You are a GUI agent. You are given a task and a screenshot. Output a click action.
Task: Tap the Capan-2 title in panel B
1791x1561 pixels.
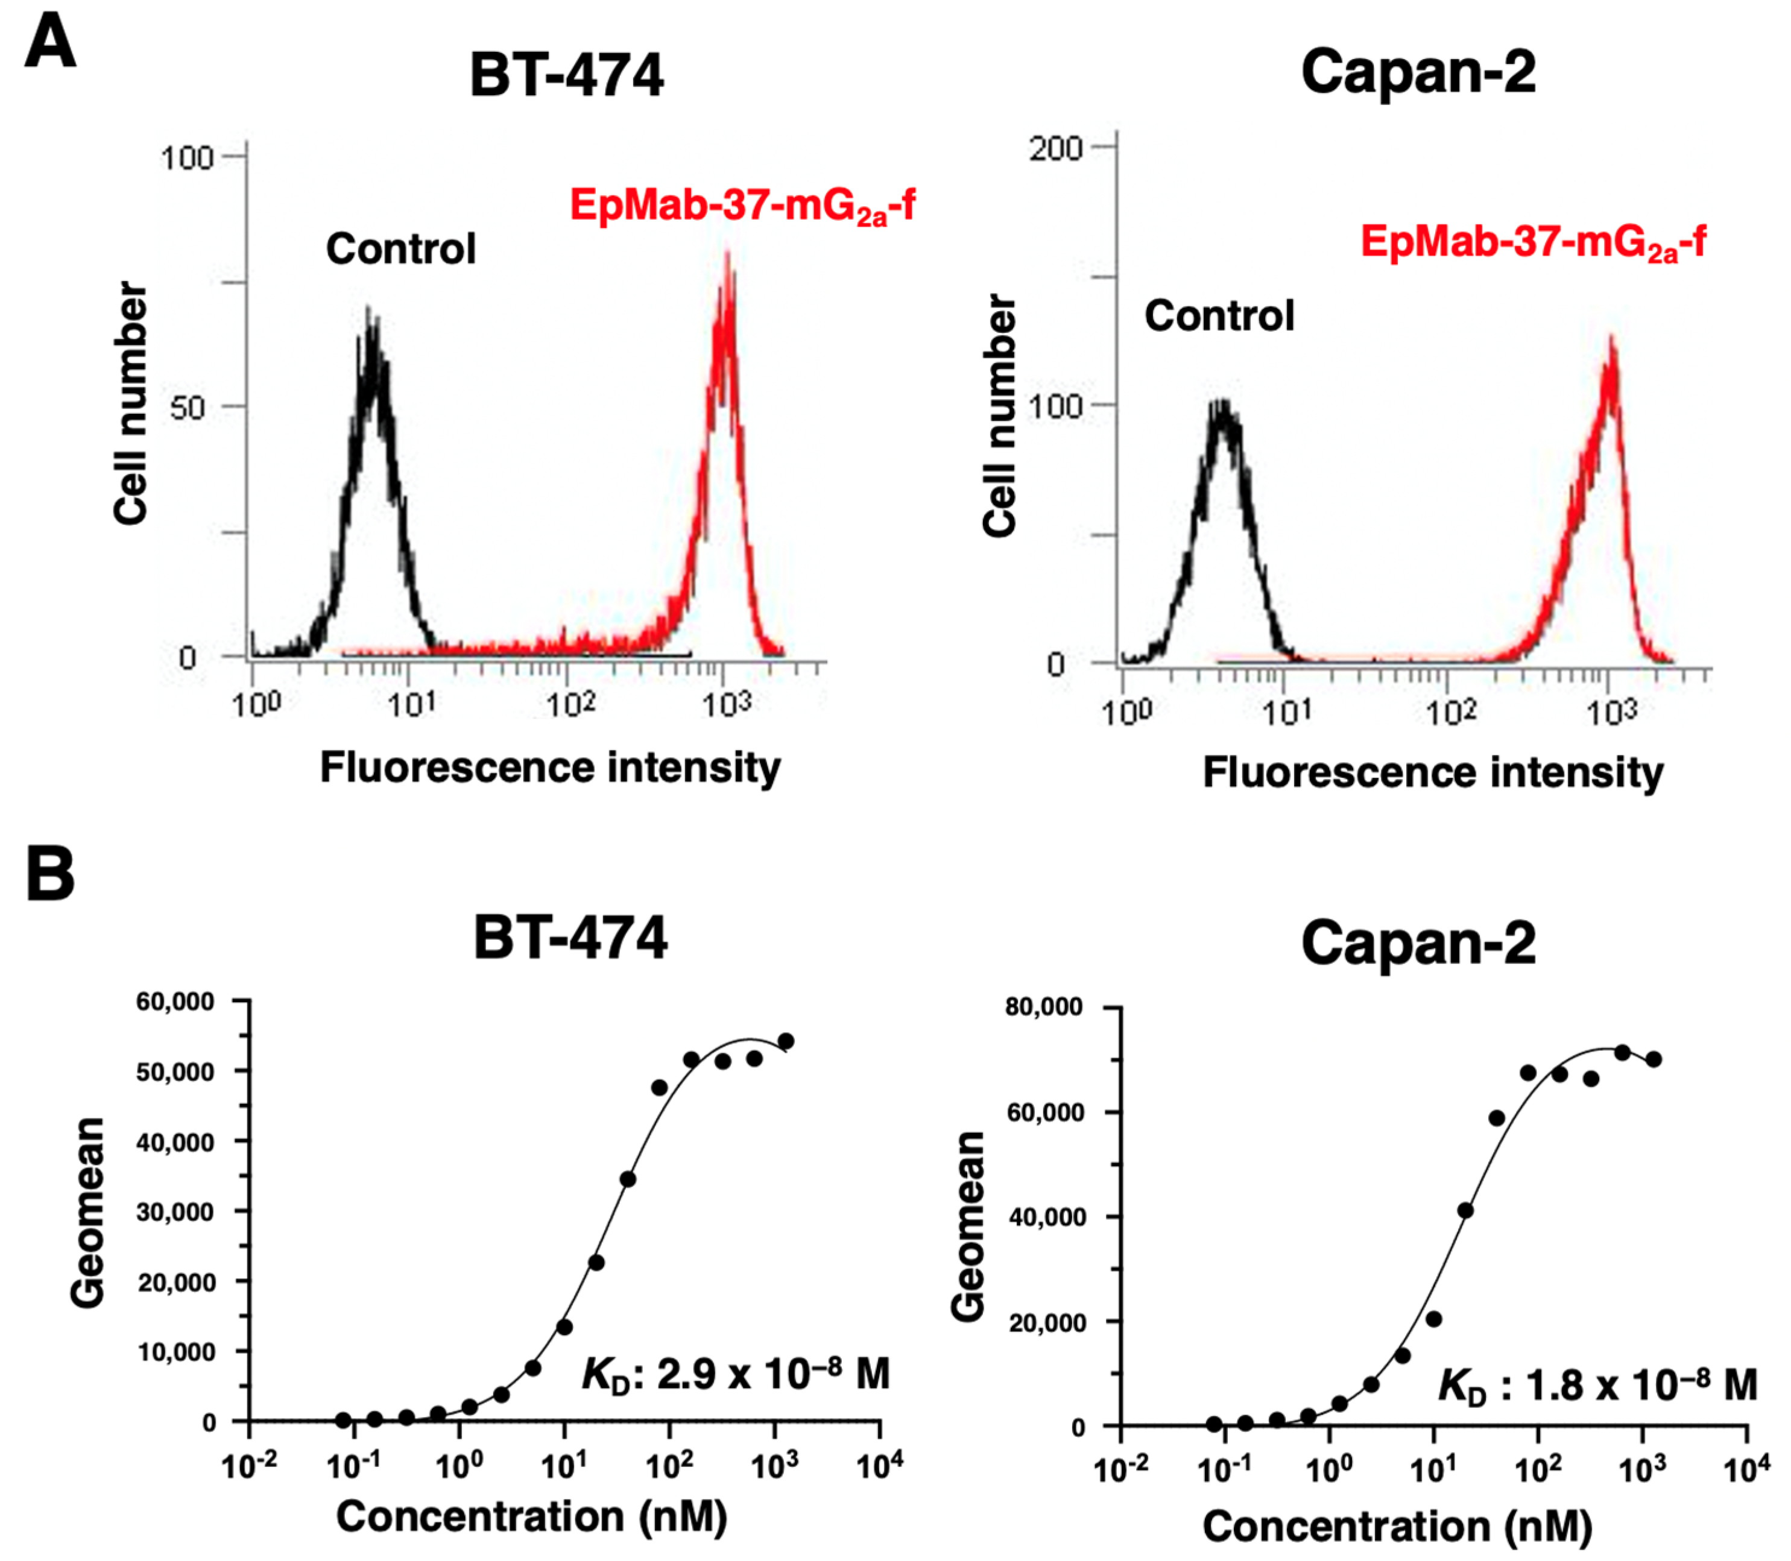pyautogui.click(x=1418, y=942)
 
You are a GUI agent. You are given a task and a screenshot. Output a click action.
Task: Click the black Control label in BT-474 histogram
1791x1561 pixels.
pyautogui.click(x=400, y=249)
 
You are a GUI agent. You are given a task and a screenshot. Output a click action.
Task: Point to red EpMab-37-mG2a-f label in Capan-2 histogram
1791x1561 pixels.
pyautogui.click(x=1533, y=241)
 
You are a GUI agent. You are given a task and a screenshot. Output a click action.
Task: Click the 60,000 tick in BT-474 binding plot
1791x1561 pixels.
pyautogui.click(x=175, y=1001)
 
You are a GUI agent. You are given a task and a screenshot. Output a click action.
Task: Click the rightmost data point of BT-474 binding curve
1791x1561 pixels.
pyautogui.click(x=786, y=1041)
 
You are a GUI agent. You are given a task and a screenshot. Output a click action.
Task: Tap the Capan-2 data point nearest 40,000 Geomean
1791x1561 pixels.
pyautogui.click(x=1465, y=1211)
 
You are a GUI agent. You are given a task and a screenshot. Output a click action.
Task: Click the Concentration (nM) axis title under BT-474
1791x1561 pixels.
pyautogui.click(x=531, y=1516)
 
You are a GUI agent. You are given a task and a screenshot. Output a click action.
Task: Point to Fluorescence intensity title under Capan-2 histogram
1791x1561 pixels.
pyautogui.click(x=1433, y=772)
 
